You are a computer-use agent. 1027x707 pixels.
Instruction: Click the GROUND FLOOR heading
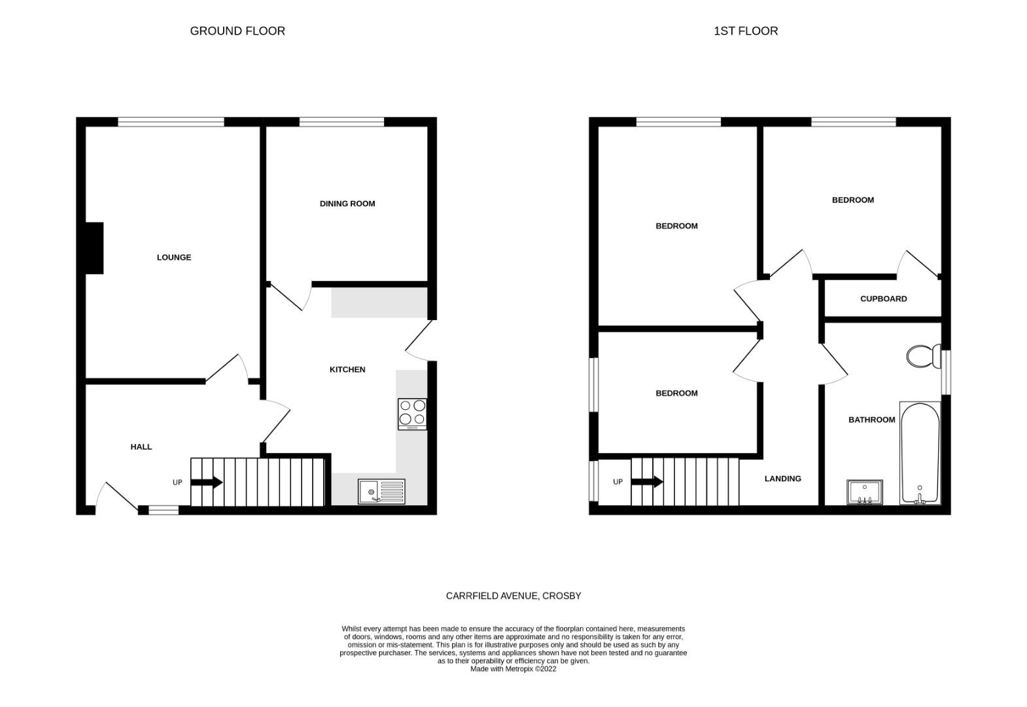tap(237, 31)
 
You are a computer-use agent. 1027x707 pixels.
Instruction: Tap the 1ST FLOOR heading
tap(746, 31)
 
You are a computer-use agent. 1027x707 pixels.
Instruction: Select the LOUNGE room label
tap(174, 257)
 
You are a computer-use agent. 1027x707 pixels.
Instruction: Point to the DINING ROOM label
tap(347, 204)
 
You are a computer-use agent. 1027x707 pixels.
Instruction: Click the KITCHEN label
tap(347, 369)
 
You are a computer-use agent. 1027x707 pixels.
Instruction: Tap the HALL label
tap(141, 447)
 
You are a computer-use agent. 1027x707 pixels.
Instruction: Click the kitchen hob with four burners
tap(412, 414)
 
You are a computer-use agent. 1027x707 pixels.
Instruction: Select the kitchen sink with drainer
tap(381, 492)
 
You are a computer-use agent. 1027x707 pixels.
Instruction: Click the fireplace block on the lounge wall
tap(94, 248)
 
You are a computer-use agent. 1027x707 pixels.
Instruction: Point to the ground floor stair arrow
tap(207, 482)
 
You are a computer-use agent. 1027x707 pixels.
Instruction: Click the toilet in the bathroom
tap(924, 356)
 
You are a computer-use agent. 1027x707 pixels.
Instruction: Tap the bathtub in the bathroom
tap(920, 453)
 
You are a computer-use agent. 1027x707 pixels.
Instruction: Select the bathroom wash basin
tap(865, 492)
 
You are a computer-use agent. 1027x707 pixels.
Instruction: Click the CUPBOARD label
tap(884, 299)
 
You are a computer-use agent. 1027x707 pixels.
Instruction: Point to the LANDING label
tap(782, 479)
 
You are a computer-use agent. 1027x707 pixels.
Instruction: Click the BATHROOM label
tap(871, 420)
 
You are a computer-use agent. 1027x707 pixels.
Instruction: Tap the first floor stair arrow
tap(647, 482)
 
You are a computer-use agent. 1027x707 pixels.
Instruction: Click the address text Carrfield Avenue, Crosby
tap(513, 596)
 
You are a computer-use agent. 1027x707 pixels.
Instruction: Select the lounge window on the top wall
tap(171, 122)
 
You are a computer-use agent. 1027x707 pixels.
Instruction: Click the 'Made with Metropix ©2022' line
tap(513, 669)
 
